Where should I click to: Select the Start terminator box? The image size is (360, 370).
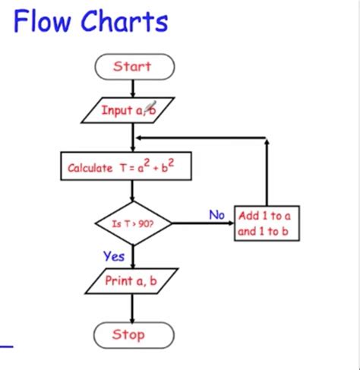[x=133, y=67]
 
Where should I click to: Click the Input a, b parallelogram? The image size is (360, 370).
[x=129, y=110]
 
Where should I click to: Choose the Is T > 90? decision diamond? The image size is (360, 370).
[x=134, y=223]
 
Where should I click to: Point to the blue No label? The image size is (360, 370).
[x=217, y=215]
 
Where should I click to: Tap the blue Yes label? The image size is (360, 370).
[x=114, y=256]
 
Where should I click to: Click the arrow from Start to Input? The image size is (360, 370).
[x=133, y=88]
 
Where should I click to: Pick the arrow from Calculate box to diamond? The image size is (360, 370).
[x=133, y=191]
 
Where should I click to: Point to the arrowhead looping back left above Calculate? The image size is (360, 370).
[x=139, y=138]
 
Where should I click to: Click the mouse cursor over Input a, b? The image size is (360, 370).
[x=150, y=107]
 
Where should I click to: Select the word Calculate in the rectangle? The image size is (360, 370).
[x=90, y=168]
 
